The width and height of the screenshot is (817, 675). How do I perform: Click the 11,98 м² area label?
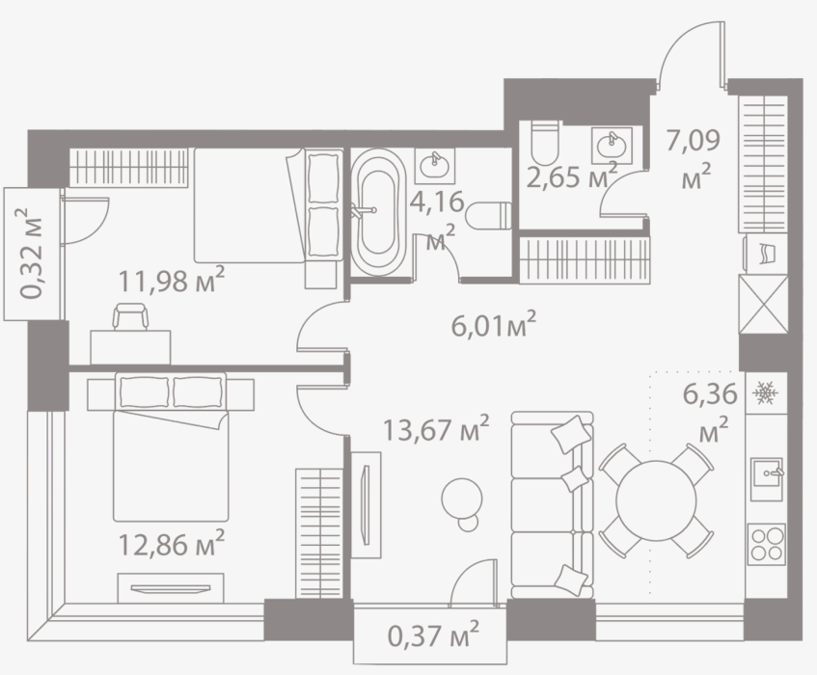172,281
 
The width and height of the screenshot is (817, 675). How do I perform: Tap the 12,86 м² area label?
172,544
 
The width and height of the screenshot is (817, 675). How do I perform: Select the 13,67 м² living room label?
436,429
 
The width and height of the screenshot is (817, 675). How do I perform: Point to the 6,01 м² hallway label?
493,325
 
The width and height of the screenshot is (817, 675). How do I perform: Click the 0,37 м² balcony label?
433,635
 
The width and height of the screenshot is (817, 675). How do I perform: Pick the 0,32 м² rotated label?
31,254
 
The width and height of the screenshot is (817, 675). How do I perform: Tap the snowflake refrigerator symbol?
766,392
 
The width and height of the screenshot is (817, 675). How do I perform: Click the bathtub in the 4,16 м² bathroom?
377,211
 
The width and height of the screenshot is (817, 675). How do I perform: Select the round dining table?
656,500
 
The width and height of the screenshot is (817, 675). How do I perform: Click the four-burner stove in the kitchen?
767,544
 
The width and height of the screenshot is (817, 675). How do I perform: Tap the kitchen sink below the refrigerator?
767,479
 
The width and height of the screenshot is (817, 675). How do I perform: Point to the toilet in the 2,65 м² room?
545,143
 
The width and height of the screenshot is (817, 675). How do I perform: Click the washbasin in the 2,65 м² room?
612,146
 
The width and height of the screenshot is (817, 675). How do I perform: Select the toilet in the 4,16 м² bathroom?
489,216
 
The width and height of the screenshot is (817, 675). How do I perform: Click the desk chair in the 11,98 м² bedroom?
130,316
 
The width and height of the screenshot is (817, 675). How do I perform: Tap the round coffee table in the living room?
462,503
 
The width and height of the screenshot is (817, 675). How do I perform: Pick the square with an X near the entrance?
763,304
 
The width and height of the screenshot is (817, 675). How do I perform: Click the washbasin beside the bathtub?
435,165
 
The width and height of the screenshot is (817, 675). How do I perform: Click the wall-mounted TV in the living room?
366,504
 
